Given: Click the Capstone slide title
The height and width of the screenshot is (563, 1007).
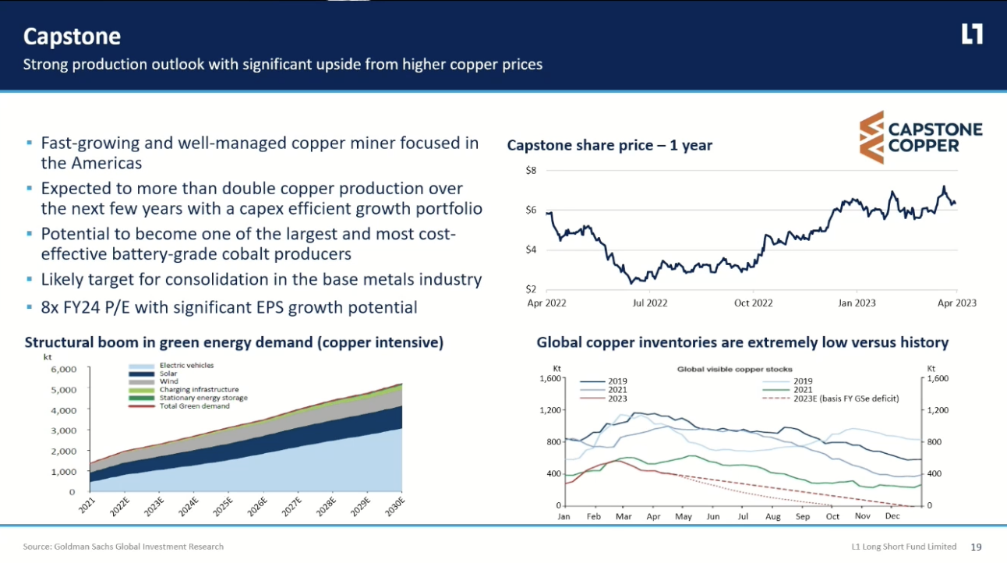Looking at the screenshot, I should coord(72,37).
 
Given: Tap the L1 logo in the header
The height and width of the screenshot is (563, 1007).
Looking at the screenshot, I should coord(972,34).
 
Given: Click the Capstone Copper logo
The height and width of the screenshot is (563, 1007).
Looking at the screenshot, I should coord(920,137).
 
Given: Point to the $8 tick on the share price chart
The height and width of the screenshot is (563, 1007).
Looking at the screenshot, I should coord(531,170).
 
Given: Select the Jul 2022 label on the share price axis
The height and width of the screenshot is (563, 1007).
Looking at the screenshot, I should coord(650,303).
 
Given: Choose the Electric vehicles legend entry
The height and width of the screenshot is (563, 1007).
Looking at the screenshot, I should coord(186,365).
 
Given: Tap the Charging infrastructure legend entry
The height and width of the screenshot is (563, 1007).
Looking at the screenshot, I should coord(199,389).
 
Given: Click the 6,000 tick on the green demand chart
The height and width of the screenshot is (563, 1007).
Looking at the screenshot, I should coord(62,369).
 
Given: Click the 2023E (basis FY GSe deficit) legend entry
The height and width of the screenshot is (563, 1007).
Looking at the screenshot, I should coord(846,398).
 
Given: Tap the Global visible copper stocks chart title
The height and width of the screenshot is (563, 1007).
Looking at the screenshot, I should coord(734,369).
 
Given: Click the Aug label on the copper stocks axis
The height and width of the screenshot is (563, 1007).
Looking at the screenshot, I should coord(772,517).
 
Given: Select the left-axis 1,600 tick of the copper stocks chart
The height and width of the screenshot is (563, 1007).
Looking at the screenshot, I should coord(550,378).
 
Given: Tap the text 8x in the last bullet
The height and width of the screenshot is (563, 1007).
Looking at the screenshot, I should coord(50,307).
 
